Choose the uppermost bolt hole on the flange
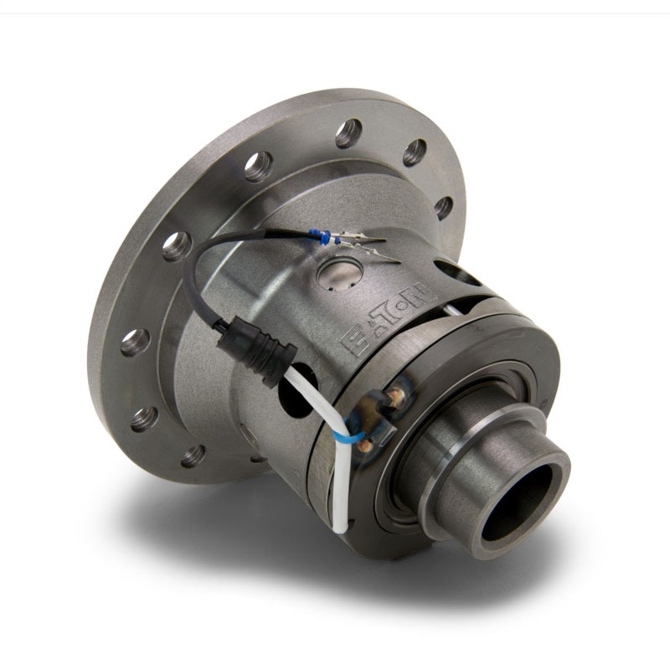[350, 132]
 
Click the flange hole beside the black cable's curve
[175, 246]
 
